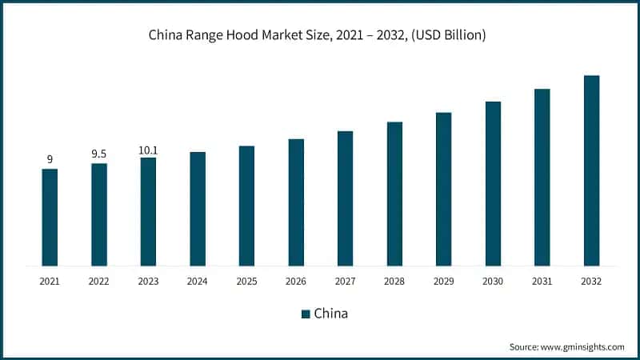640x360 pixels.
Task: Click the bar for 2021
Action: pyautogui.click(x=50, y=217)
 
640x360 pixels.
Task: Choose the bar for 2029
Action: pyautogui.click(x=443, y=189)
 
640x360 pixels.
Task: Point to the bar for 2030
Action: pyautogui.click(x=493, y=183)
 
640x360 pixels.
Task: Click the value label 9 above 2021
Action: pyautogui.click(x=50, y=159)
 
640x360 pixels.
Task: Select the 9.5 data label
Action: pyautogui.click(x=99, y=154)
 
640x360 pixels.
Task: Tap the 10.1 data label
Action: pyautogui.click(x=148, y=148)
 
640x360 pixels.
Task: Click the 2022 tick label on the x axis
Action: pyautogui.click(x=99, y=282)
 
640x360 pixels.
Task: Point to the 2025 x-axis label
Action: pyautogui.click(x=246, y=282)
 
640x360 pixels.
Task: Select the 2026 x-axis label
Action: pyautogui.click(x=296, y=282)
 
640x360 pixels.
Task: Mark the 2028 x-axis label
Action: pyautogui.click(x=394, y=282)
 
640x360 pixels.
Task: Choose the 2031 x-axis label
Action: pyautogui.click(x=542, y=282)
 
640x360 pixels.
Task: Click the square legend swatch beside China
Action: pyautogui.click(x=305, y=314)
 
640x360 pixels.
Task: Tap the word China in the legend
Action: pyautogui.click(x=330, y=314)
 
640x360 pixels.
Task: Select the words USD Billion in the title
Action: pyautogui.click(x=450, y=35)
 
